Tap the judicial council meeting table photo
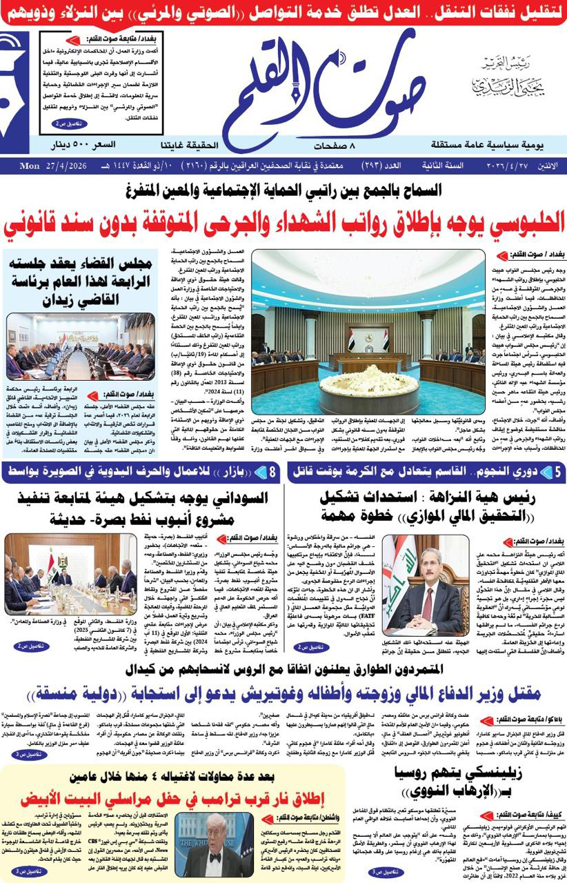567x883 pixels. pos(81,348)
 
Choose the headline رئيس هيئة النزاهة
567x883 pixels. pos(428,507)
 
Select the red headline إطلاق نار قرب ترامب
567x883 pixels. pos(172,800)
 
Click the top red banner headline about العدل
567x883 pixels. pos(283,13)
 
